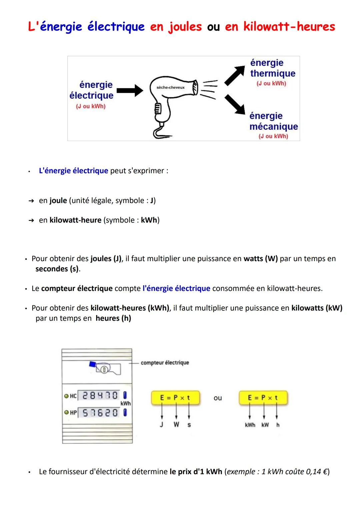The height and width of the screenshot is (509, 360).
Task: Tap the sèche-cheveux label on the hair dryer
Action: [x=170, y=87]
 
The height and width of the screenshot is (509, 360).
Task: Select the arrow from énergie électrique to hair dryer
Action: [x=130, y=90]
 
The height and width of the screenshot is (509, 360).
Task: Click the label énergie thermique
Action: [x=272, y=68]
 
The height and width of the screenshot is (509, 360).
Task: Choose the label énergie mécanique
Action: [x=273, y=121]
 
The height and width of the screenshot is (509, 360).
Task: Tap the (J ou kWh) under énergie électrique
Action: [x=91, y=106]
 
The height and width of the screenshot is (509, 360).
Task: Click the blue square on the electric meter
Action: [x=92, y=364]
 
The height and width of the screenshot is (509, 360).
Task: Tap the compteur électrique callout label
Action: [x=165, y=362]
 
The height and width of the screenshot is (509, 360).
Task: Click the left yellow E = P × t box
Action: [x=175, y=398]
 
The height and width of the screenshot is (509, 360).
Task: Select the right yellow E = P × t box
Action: [x=263, y=398]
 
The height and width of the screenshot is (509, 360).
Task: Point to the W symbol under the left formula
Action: [x=176, y=425]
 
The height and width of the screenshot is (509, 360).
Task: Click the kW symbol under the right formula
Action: [x=265, y=425]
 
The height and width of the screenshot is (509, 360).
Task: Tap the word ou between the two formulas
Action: [x=218, y=398]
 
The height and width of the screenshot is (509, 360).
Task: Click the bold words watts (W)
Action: [x=261, y=259]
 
